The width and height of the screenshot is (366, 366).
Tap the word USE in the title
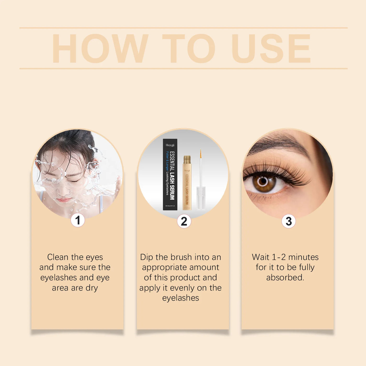pyautogui.click(x=271, y=49)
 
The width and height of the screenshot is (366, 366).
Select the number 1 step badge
pyautogui.click(x=78, y=220)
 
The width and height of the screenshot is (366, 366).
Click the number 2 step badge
pyautogui.click(x=184, y=221)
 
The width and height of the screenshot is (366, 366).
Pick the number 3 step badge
pyautogui.click(x=289, y=221)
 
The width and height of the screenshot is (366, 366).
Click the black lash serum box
pyautogui.click(x=170, y=175)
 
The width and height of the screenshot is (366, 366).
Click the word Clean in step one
pyautogui.click(x=58, y=257)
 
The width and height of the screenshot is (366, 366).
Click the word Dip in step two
pyautogui.click(x=147, y=257)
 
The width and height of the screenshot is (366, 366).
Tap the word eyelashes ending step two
pyautogui.click(x=180, y=298)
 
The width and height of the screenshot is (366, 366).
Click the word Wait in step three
pyautogui.click(x=261, y=257)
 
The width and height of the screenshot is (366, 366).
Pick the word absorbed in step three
pyautogui.click(x=285, y=277)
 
